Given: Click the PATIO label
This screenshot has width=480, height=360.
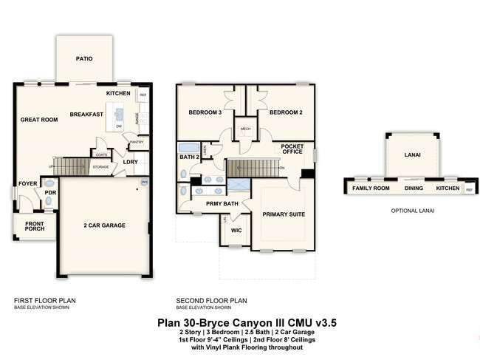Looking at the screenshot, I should [x=84, y=58].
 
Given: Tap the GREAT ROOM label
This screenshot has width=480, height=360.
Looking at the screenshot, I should [x=39, y=119].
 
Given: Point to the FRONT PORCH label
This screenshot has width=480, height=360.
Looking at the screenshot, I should [x=34, y=227].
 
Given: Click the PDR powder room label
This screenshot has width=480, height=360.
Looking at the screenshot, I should [x=50, y=193].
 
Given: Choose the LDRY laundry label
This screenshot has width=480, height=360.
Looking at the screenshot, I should [x=130, y=162].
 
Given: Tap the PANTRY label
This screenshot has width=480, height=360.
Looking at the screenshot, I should [x=135, y=142].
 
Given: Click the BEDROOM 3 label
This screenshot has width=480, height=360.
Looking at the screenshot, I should [x=205, y=112].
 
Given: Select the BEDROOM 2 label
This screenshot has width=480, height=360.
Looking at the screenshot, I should [x=284, y=112].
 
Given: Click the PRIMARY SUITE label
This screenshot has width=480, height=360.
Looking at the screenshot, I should [x=284, y=214].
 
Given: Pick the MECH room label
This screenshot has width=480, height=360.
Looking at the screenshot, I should [x=245, y=128].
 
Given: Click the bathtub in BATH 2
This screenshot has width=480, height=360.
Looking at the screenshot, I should [x=189, y=146].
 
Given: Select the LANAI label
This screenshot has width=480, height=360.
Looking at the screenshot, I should [x=412, y=155].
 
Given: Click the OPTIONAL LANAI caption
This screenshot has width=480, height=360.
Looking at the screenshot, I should [x=412, y=211].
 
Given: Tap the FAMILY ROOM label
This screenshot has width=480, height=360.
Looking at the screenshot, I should [x=370, y=189].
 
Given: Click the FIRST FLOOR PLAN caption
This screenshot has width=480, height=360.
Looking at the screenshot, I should [x=45, y=300].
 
